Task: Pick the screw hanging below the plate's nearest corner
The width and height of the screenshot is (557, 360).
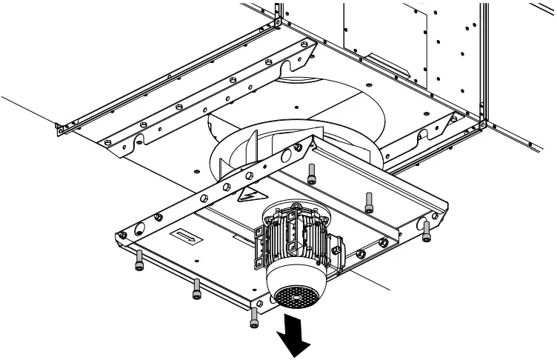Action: point(254,317)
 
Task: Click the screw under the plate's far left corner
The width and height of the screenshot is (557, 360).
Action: point(139,259)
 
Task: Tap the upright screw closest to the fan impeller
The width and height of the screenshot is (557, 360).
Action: point(311,173)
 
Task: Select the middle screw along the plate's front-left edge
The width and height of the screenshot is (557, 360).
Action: point(196,289)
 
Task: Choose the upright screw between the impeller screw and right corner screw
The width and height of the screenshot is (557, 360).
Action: point(368,200)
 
